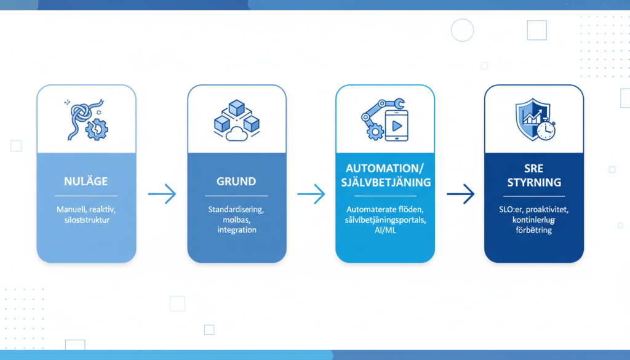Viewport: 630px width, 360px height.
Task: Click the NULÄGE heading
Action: (86, 182)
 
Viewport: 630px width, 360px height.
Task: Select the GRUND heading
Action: (236, 182)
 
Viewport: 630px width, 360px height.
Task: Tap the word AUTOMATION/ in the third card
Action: (385, 168)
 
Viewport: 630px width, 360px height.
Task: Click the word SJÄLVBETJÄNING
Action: (385, 183)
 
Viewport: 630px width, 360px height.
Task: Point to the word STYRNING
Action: (534, 183)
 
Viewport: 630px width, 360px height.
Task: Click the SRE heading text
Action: (534, 168)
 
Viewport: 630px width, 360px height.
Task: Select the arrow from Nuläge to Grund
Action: (162, 194)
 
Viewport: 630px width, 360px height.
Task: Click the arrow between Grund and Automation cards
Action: (311, 194)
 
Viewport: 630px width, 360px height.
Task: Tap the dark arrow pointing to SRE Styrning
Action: (460, 194)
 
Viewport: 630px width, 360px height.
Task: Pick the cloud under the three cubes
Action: (236, 134)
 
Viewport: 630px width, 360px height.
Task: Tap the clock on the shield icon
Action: (545, 130)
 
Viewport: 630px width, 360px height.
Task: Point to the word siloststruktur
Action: (86, 220)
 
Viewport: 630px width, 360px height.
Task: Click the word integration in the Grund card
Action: (236, 230)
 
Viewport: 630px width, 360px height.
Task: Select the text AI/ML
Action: (385, 230)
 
